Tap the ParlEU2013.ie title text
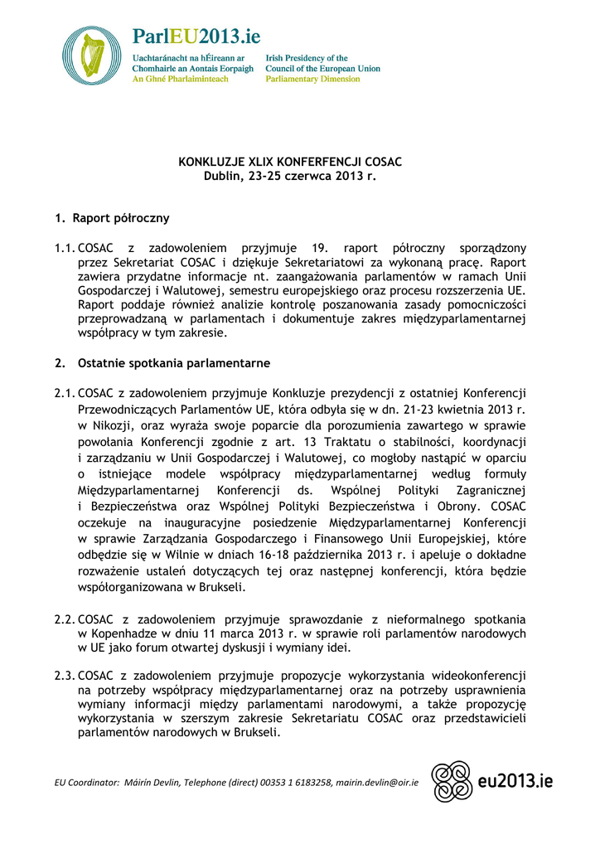tap(196, 36)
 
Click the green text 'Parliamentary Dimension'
tap(312, 80)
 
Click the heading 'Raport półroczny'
tap(121, 219)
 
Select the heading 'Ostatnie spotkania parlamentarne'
tap(174, 363)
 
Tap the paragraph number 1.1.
tap(65, 248)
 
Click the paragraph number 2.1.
tap(65, 393)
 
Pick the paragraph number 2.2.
tap(65, 619)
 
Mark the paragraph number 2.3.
tap(65, 677)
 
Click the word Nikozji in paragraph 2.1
tap(122, 425)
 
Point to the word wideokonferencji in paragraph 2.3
tap(481, 677)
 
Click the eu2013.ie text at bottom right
tap(516, 780)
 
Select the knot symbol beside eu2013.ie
tap(453, 781)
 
